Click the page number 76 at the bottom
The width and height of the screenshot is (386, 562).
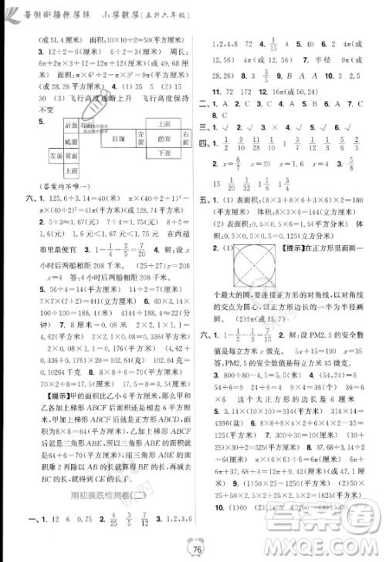pyautogui.click(x=198, y=548)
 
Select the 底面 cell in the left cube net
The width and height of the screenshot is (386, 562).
pyautogui.click(x=71, y=142)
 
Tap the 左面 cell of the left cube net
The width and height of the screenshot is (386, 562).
pyautogui.click(x=56, y=156)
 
